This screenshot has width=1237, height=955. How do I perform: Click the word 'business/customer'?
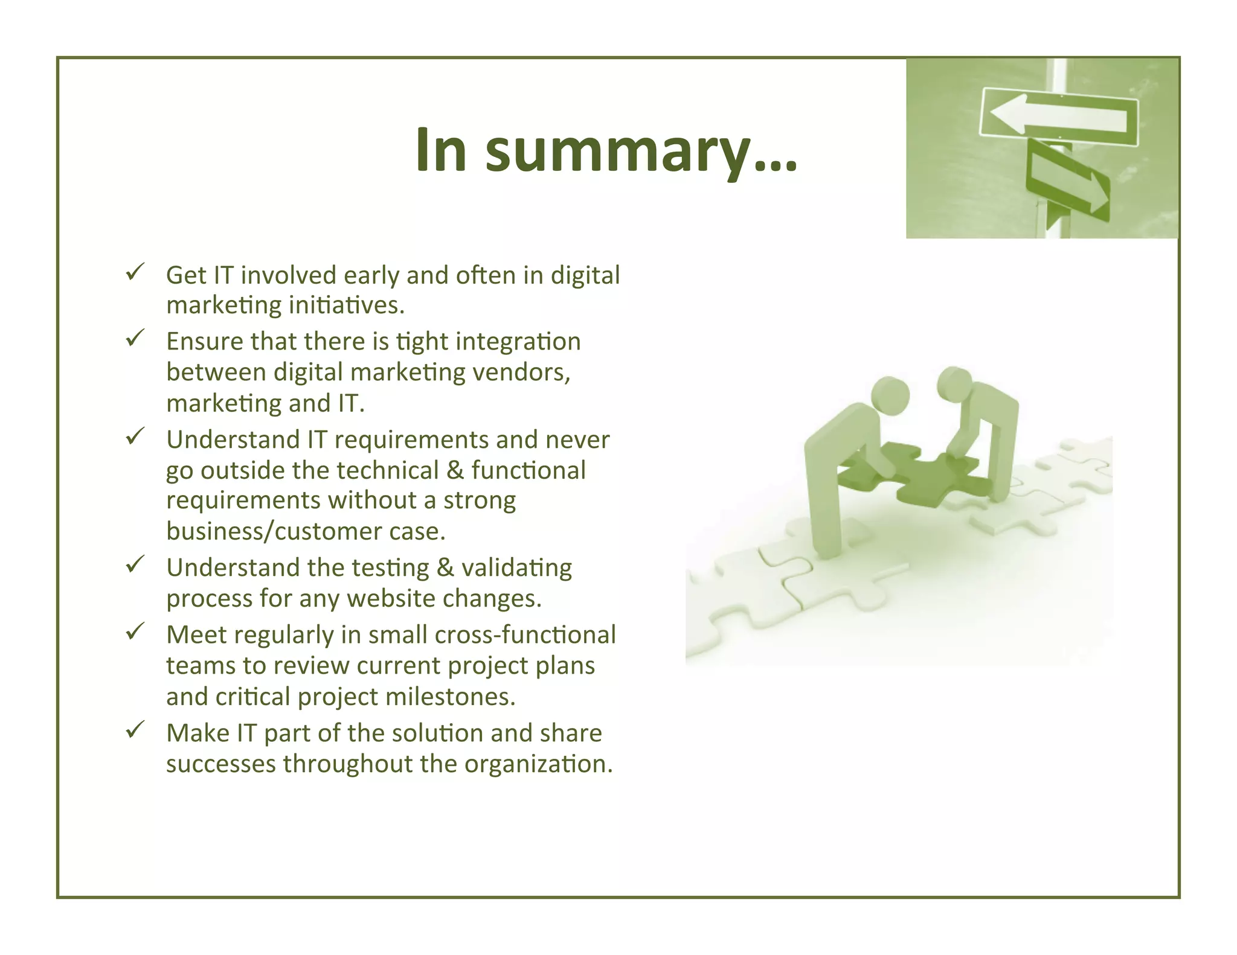pos(274,531)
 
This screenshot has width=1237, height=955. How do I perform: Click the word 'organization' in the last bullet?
pos(538,764)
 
